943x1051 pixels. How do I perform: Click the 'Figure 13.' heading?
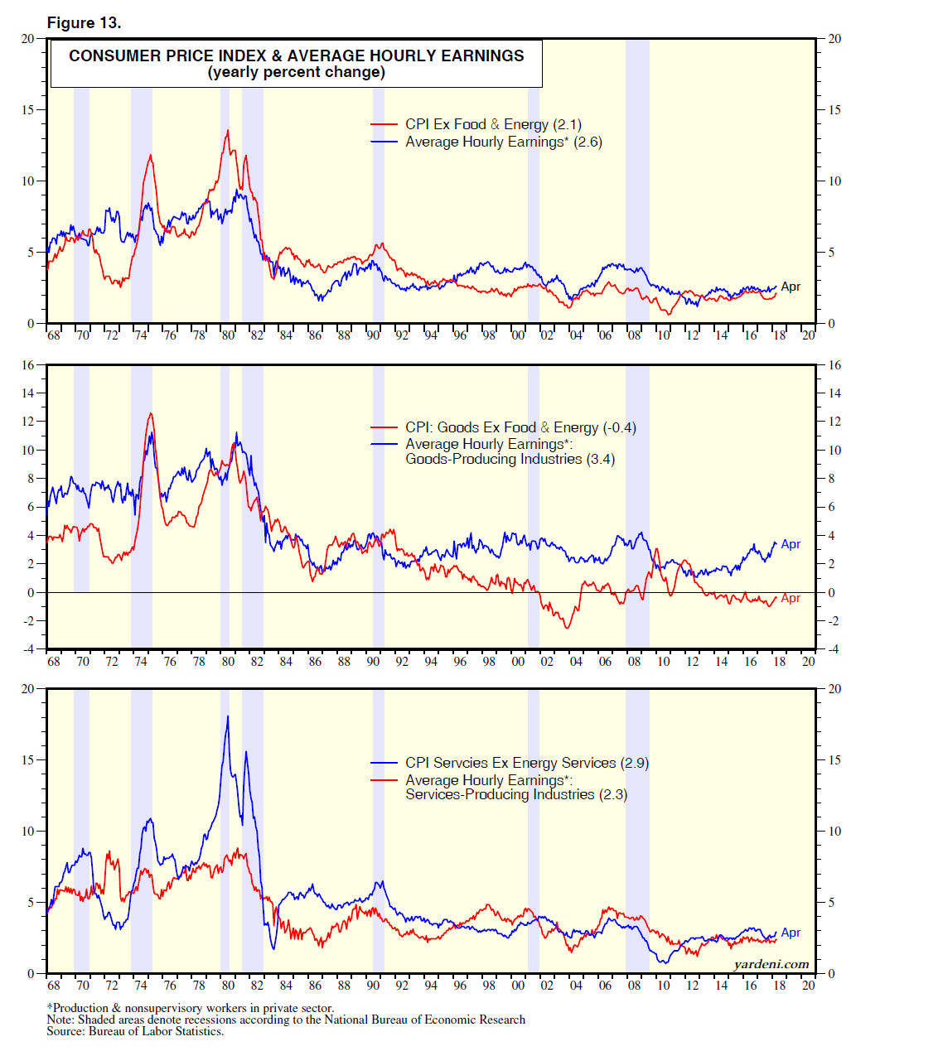[84, 23]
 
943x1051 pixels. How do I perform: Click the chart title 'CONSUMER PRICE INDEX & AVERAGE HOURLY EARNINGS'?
[296, 55]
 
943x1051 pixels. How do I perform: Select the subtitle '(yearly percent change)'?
[296, 72]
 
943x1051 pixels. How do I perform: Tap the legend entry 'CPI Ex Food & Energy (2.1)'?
[493, 124]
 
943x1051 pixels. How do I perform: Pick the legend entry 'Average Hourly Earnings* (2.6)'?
[503, 142]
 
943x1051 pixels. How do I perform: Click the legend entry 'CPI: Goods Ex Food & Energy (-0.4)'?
[520, 427]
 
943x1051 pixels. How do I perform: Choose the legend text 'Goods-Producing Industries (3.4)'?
[510, 459]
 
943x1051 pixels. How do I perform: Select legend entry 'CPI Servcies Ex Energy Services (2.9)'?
[526, 763]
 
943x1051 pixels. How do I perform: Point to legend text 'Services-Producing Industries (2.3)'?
[516, 794]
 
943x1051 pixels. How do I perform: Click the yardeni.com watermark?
[771, 964]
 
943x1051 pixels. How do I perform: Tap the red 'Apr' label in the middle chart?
[791, 598]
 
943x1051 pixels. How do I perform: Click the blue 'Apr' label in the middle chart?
[791, 544]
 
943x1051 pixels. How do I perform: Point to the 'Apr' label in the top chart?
[791, 287]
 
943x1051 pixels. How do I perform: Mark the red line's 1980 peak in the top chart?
[228, 130]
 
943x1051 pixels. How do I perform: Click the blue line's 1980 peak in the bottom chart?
[228, 716]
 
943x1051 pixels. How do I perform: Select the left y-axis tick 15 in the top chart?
[27, 109]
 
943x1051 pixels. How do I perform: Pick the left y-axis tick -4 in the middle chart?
[27, 649]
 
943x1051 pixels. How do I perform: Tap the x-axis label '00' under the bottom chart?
[518, 986]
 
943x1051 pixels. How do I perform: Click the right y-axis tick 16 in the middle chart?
[834, 365]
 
